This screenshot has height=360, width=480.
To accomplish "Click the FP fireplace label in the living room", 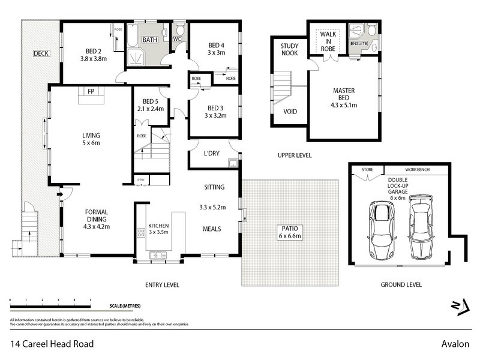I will click(x=91, y=92).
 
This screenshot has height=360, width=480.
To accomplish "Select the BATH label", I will click(x=149, y=40).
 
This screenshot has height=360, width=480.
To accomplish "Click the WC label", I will click(x=177, y=40).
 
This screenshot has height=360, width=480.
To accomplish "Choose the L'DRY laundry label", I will click(x=211, y=154).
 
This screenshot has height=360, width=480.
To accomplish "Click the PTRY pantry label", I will click(x=141, y=180).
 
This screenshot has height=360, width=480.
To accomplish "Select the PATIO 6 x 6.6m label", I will click(x=290, y=232).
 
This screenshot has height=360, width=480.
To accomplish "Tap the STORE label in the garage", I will click(x=367, y=170).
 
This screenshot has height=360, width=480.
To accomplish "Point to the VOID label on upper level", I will click(x=290, y=112).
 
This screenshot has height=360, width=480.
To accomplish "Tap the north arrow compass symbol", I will click(x=460, y=307).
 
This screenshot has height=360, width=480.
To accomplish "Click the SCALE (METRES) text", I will click(x=124, y=306).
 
